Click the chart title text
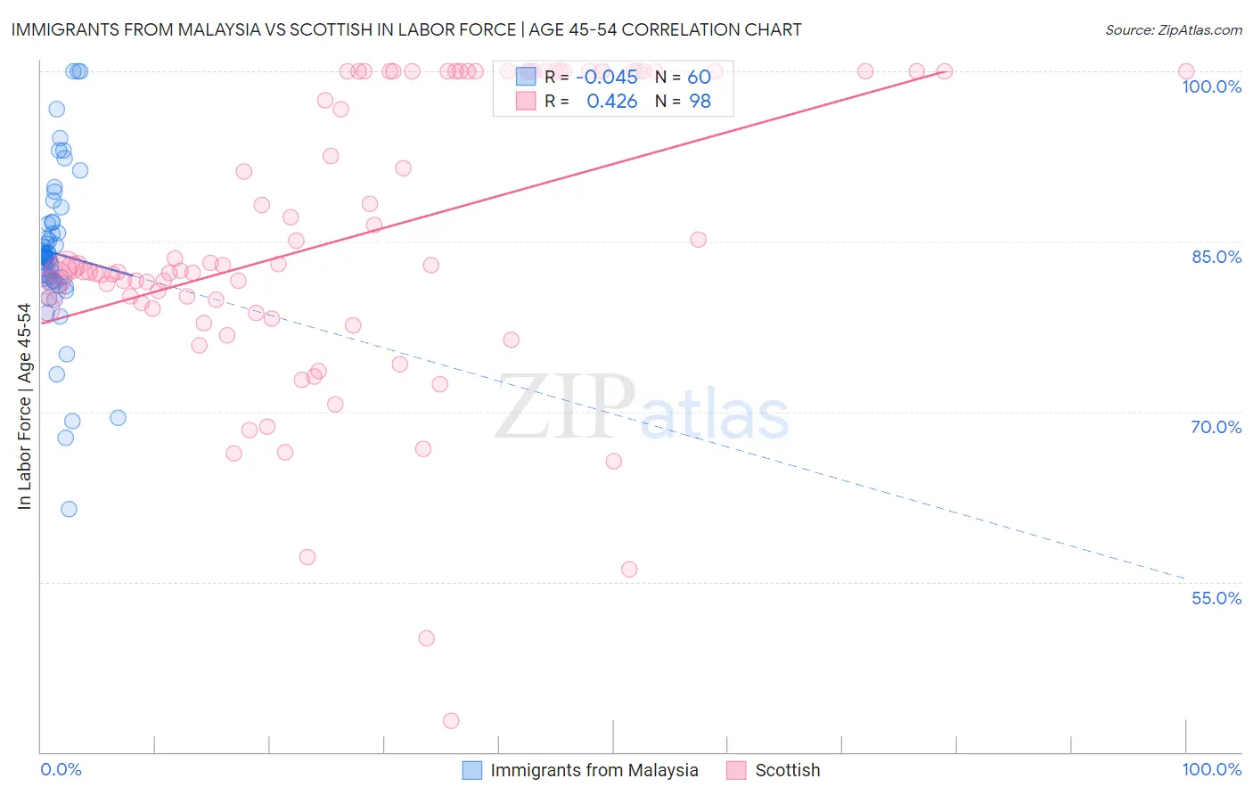click(406, 29)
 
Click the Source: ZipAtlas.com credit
click(1173, 29)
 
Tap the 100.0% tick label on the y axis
click(1211, 86)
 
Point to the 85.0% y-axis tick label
click(1216, 257)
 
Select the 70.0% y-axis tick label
click(1216, 427)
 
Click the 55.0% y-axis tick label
click(1216, 598)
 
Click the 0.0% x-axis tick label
click(61, 769)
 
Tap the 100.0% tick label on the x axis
click(1211, 769)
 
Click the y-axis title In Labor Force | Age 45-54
click(24, 406)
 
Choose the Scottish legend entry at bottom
click(787, 770)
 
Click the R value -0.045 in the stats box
click(606, 77)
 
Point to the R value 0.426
click(611, 102)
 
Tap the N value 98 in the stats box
click(700, 102)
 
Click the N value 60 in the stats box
click(699, 77)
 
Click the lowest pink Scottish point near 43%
click(451, 721)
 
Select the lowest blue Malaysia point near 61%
click(69, 509)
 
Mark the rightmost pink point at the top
click(1186, 71)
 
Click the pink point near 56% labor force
click(629, 570)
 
